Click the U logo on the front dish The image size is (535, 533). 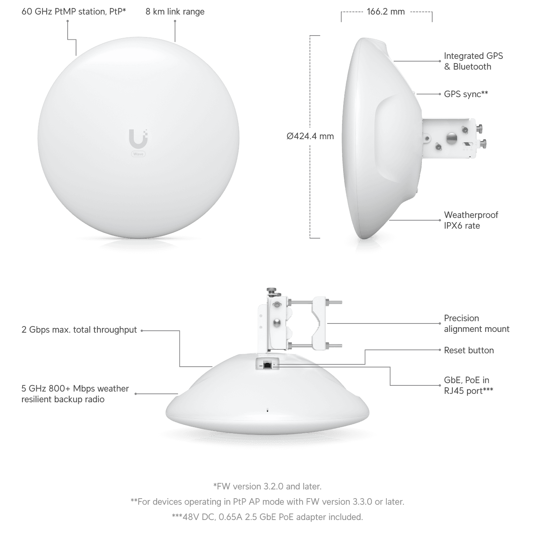[138, 138]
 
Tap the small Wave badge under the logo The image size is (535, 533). [138, 154]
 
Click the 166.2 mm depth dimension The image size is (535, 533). [386, 12]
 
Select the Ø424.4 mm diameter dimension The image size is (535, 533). [310, 136]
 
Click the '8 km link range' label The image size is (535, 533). [175, 12]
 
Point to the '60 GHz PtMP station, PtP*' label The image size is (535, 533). [74, 12]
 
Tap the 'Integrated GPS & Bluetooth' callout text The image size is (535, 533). [473, 61]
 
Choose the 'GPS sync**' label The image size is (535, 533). [466, 94]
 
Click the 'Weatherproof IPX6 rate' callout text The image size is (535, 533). [471, 220]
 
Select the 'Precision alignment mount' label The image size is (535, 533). [477, 323]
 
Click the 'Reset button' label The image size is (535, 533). [469, 350]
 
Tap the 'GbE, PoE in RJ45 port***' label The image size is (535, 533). [469, 385]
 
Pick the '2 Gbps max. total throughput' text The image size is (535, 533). [79, 330]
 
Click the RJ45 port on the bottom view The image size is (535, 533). [267, 366]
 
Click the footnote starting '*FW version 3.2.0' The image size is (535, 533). [267, 487]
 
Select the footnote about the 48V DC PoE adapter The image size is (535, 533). [267, 517]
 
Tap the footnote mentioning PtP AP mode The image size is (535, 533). [267, 502]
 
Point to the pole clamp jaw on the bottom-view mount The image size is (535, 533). [318, 324]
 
